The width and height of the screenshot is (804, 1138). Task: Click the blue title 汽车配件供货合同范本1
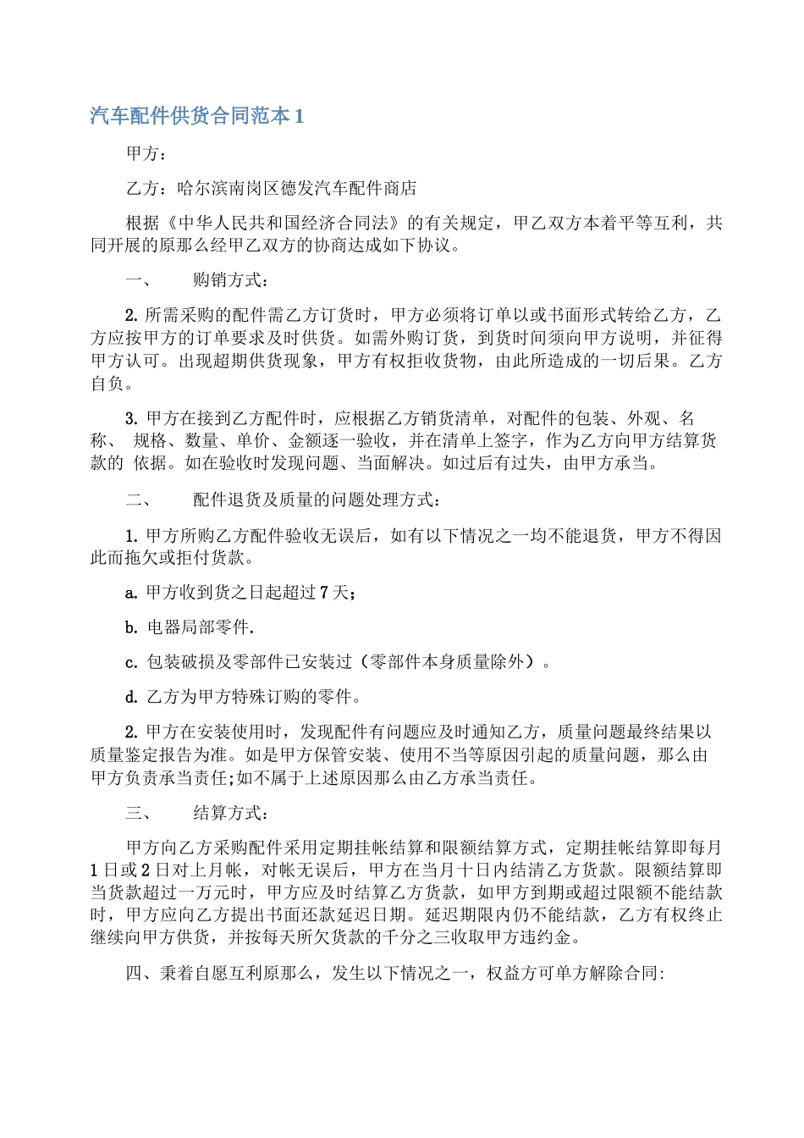197,116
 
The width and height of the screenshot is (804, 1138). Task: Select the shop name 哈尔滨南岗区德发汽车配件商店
297,188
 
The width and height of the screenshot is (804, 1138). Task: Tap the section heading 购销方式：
231,280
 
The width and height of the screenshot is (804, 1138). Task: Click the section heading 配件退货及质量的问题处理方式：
316,500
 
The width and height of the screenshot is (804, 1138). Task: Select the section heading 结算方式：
231,813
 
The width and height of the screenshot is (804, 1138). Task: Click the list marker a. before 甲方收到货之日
131,593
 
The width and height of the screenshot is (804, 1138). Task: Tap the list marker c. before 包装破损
131,662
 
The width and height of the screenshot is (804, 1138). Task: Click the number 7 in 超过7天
323,593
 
